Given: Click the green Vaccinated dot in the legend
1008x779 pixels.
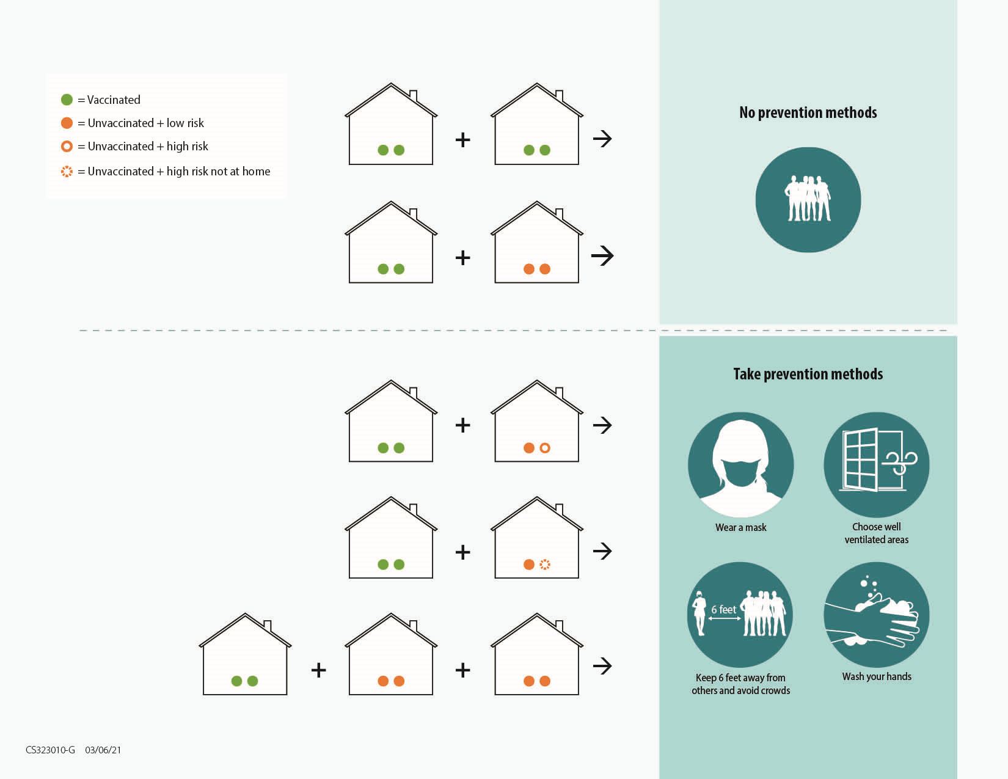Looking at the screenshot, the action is (x=67, y=100).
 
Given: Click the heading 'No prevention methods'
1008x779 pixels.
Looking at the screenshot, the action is (x=808, y=112).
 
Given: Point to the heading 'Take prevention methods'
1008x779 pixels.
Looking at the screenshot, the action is (x=808, y=374).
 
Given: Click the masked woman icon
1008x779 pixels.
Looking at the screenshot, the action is (x=741, y=464).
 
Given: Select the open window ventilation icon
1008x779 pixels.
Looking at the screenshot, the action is (x=876, y=464).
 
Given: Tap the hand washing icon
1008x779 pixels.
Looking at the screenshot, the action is (x=876, y=614).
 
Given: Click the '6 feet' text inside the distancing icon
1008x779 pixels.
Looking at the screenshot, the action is (x=724, y=609).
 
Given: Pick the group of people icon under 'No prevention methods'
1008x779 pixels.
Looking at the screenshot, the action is (x=808, y=200).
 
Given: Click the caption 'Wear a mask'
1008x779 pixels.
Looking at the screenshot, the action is (x=741, y=527).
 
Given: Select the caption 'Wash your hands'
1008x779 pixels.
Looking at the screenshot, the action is (x=877, y=676).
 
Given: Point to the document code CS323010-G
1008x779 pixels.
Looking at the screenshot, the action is (x=50, y=750).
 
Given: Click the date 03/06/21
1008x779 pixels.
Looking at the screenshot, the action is (x=103, y=750).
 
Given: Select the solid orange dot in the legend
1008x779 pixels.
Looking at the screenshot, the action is (x=67, y=122).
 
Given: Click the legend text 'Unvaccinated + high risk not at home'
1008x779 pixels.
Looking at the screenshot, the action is (x=178, y=171).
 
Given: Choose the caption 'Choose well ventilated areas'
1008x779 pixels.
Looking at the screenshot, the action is (x=876, y=533).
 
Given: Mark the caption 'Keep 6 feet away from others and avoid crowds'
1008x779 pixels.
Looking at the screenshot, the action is (x=741, y=684).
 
